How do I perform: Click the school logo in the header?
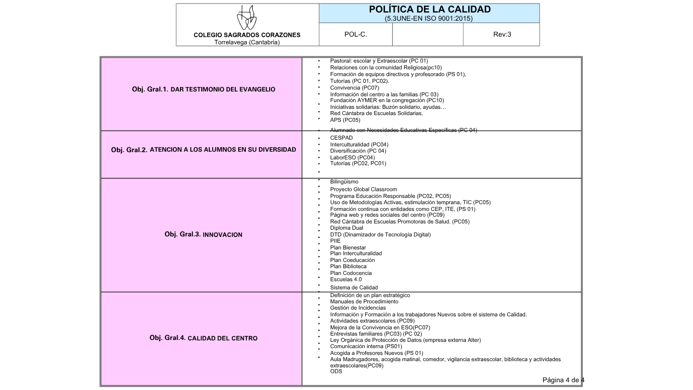coord(247,18)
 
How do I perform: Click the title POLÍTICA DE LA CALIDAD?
coord(429,10)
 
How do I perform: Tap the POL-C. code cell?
coord(356,34)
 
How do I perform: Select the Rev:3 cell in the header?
coord(501,34)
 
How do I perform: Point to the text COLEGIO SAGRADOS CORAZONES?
coord(247,35)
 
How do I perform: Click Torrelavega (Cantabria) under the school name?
coord(247,42)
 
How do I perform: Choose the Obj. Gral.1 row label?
coord(204,90)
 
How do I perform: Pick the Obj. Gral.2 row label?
coord(204,150)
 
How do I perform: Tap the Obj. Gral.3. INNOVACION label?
coord(203,234)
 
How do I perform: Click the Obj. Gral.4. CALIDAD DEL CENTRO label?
coord(204,338)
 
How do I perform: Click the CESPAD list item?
coord(341,138)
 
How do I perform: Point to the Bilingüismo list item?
coord(344,182)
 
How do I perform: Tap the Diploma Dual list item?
coord(346,228)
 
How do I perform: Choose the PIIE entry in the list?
coord(335,241)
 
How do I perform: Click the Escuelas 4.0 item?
coord(346,279)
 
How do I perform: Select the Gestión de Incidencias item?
coord(358,308)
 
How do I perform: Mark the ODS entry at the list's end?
coord(336,371)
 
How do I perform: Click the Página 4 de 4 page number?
coord(563,380)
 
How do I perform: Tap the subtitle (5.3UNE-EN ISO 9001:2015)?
coord(429,19)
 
